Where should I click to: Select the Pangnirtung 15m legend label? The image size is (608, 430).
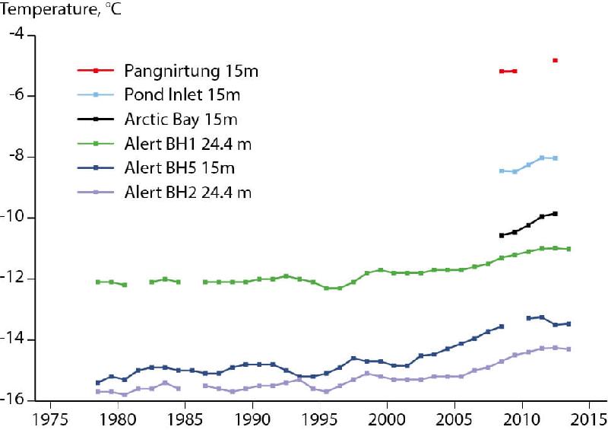click(x=191, y=71)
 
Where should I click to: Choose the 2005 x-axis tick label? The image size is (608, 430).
click(x=454, y=419)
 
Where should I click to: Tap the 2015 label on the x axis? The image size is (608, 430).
click(x=588, y=419)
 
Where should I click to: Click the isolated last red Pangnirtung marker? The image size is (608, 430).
click(x=556, y=60)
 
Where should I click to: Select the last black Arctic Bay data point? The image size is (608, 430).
click(x=556, y=214)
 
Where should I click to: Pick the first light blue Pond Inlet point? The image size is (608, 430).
click(x=502, y=171)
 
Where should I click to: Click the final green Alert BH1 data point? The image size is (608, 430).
click(x=569, y=249)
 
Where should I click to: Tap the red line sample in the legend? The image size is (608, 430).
click(x=96, y=71)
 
